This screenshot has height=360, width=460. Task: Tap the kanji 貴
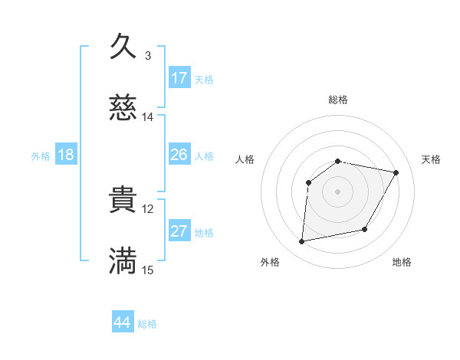[x=123, y=201]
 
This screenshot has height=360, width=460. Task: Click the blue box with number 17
[x=179, y=77]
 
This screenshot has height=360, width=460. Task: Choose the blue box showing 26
[x=179, y=155]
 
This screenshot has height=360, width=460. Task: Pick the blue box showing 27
[x=179, y=231]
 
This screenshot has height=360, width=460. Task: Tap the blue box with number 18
[x=66, y=155]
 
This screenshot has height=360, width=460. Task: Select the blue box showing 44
[x=123, y=322]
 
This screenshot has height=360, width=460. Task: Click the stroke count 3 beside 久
[x=147, y=55]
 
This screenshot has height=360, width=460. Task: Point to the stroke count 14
[x=147, y=117]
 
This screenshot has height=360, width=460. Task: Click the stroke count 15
[x=147, y=270]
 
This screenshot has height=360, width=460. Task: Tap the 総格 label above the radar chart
[x=337, y=100]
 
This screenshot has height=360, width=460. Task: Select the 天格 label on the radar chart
[x=431, y=159]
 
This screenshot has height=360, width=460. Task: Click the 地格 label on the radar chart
[x=402, y=262]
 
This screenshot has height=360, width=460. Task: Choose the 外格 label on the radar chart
[x=270, y=262]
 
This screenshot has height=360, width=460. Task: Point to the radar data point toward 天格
[x=396, y=172]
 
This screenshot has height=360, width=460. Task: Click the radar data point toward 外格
[x=302, y=241]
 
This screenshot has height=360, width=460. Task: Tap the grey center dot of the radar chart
[x=337, y=191]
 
